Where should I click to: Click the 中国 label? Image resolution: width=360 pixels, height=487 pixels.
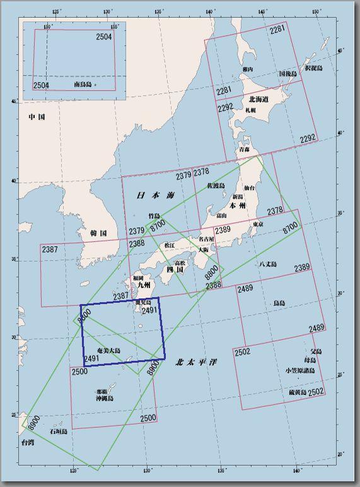click(x=36, y=117)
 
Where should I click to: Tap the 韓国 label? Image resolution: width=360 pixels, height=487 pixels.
click(x=98, y=233)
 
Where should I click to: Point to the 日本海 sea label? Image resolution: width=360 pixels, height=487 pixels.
click(x=155, y=196)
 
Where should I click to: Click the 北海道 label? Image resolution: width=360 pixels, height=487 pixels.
click(x=259, y=99)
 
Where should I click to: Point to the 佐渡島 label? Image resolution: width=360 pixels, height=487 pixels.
click(x=218, y=185)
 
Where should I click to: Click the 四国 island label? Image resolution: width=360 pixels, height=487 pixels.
click(x=174, y=270)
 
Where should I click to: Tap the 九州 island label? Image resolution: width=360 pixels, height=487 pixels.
click(x=144, y=285)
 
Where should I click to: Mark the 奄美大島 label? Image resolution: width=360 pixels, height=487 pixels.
click(x=108, y=350)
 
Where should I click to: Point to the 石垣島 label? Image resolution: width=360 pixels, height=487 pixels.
click(x=60, y=432)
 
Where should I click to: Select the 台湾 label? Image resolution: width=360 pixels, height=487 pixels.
click(x=26, y=443)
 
